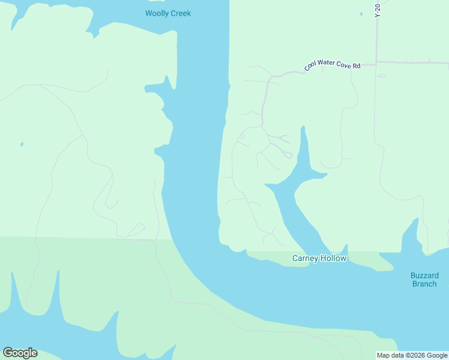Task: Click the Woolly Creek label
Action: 168,13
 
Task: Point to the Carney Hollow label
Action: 319,259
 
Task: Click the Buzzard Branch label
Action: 424,280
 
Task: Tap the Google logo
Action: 20,353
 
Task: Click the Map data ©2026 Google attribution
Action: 412,355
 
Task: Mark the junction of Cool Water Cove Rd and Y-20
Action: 376,62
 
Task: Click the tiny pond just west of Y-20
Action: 361,14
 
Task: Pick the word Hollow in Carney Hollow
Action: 334,259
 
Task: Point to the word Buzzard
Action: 424,275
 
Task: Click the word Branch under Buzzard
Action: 424,284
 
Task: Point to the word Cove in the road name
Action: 344,65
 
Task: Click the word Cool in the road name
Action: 310,67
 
